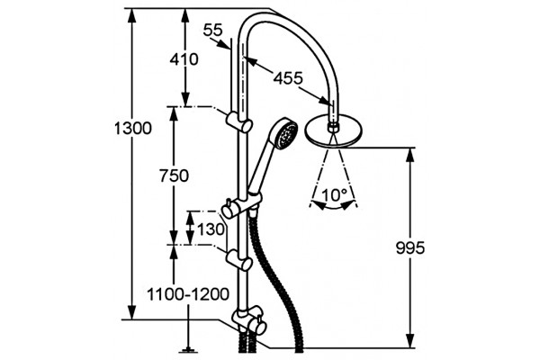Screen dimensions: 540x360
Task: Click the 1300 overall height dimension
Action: (x=132, y=129)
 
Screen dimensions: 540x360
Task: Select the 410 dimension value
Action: (x=184, y=59)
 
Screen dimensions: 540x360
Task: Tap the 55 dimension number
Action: (x=213, y=31)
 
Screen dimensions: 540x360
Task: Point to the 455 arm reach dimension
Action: (x=288, y=78)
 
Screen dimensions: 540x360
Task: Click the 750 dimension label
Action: (x=174, y=176)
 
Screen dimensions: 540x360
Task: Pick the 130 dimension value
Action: (x=211, y=229)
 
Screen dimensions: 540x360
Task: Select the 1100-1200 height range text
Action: (x=188, y=294)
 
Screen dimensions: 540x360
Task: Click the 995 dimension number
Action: (x=410, y=247)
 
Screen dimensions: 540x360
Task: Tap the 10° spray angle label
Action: (x=334, y=195)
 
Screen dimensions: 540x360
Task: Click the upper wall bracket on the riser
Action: (x=238, y=122)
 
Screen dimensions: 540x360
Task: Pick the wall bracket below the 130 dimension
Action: (x=238, y=260)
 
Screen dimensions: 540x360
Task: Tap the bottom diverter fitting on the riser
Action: (x=249, y=320)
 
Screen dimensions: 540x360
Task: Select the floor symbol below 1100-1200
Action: (x=188, y=351)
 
